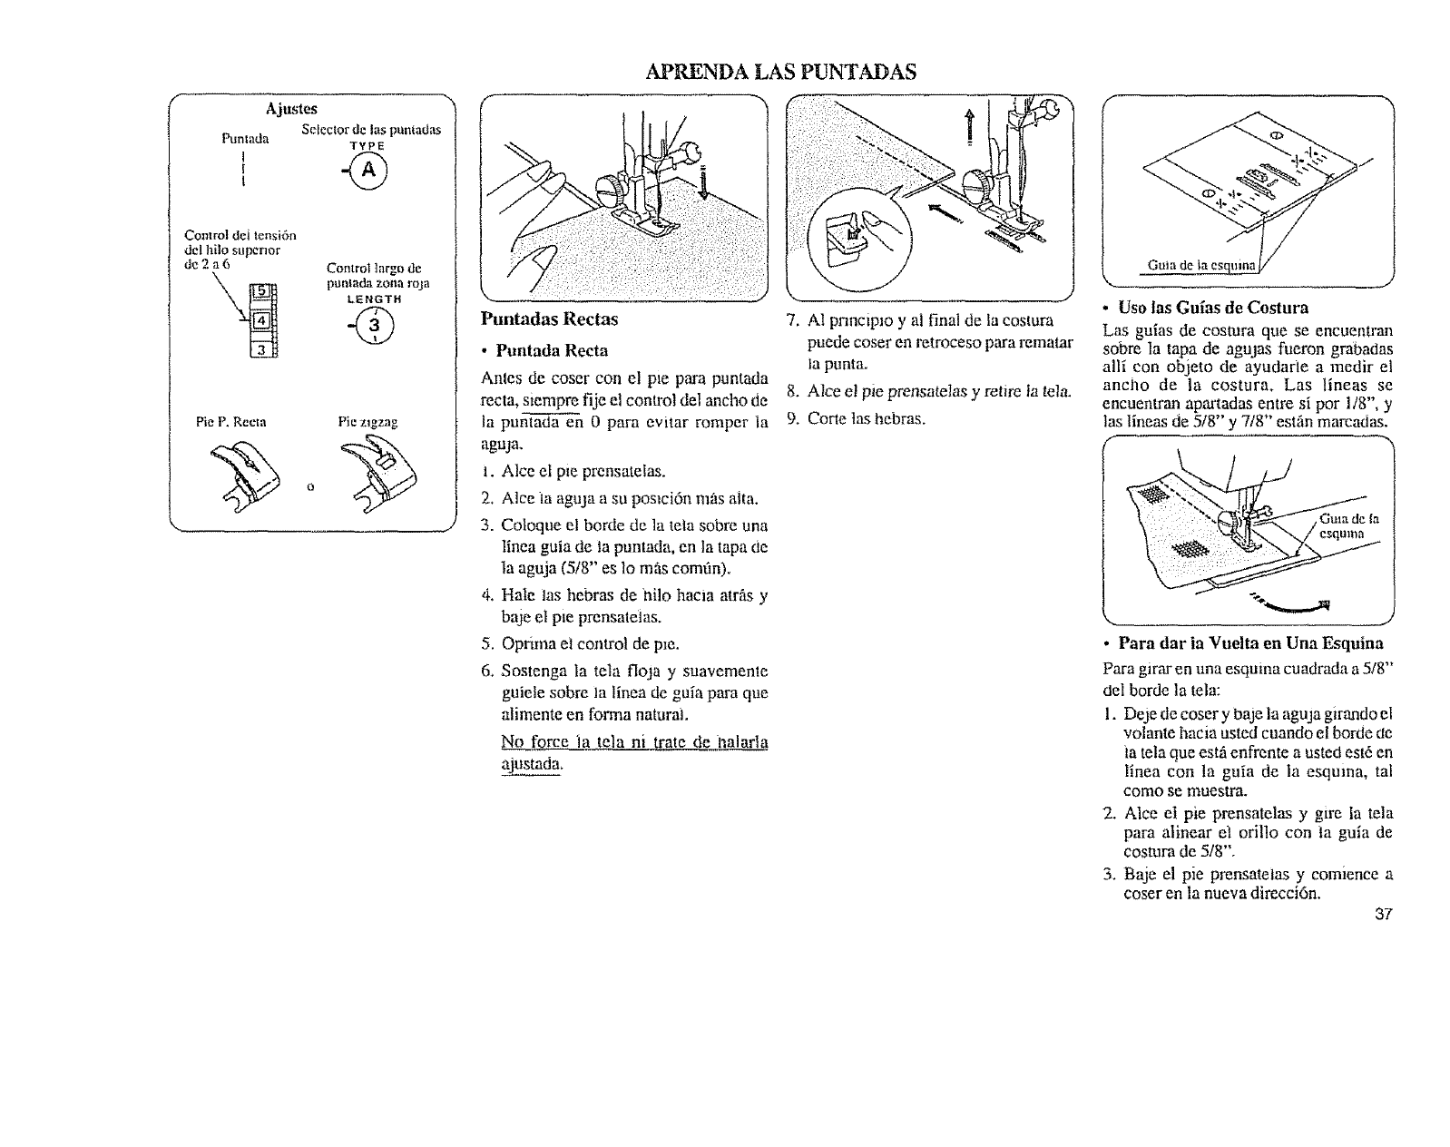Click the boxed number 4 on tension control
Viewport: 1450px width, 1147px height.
[x=260, y=320]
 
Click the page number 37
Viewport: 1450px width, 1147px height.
[x=1383, y=914]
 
